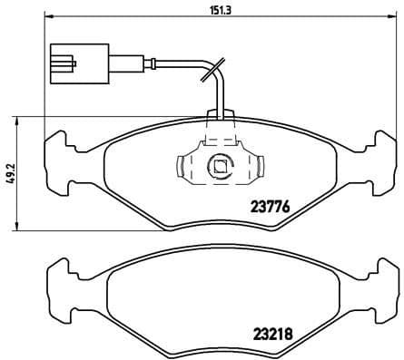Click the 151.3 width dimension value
[219, 11]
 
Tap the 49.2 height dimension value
[10, 172]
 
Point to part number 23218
[269, 332]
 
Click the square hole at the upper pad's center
[218, 166]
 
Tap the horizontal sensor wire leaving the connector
[145, 63]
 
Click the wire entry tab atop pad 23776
[218, 115]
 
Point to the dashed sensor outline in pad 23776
[218, 136]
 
